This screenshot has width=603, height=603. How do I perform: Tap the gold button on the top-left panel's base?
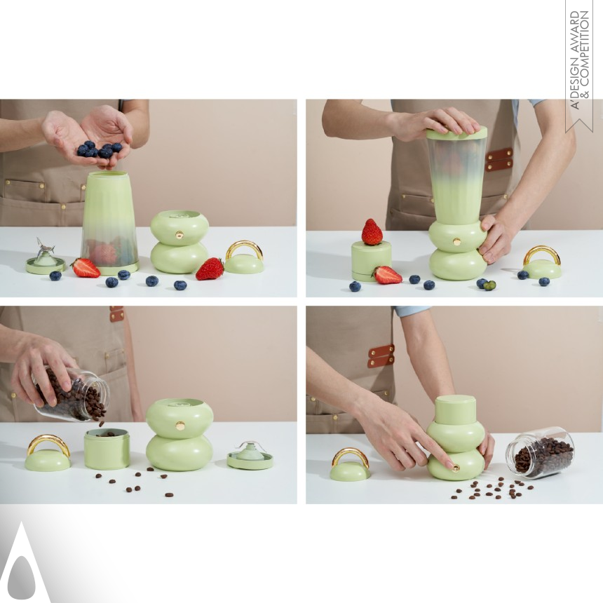coord(179,235)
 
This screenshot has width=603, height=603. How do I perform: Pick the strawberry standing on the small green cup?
coord(372,232)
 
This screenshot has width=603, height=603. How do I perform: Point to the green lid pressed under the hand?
coord(457,133)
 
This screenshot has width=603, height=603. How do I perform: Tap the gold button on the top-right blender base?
coord(457,242)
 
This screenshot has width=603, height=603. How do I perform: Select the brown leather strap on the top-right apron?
coord(499,159)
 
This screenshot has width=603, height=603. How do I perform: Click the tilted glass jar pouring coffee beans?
coord(72,394)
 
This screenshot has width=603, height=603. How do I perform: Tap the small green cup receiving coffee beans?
coord(107,449)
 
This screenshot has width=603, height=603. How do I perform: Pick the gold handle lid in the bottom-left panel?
coord(48,454)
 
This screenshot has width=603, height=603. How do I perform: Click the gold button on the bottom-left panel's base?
coord(180,426)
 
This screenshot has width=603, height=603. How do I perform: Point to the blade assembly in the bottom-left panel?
coord(250,454)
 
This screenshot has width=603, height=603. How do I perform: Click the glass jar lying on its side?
coord(541,453)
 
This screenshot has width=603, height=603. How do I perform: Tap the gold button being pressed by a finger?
coord(456,468)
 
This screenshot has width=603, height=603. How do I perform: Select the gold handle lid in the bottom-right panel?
coord(350,464)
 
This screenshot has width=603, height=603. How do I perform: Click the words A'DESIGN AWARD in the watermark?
coord(574,60)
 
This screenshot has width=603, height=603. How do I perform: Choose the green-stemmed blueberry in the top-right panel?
coord(489,285)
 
